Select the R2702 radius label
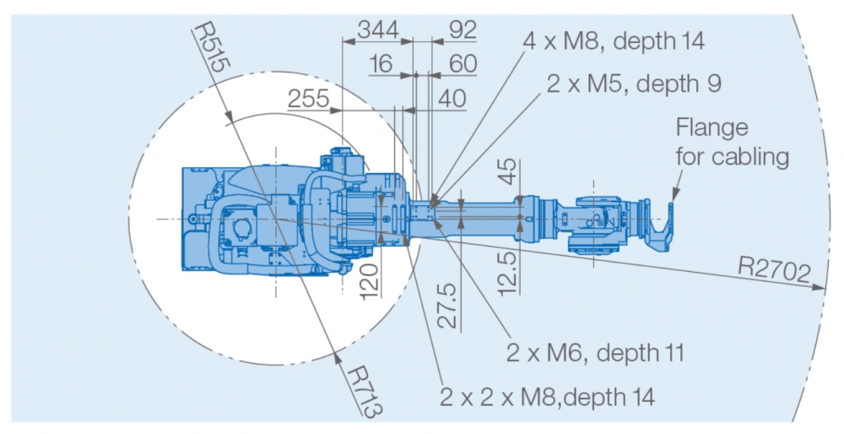point(774,270)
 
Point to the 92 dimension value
point(462,30)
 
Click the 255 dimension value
point(309,99)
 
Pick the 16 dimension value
point(381,65)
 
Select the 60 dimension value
point(462,65)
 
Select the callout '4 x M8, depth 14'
point(614,41)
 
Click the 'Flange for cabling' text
point(733,142)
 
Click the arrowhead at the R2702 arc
point(821,287)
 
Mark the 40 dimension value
point(452,99)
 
